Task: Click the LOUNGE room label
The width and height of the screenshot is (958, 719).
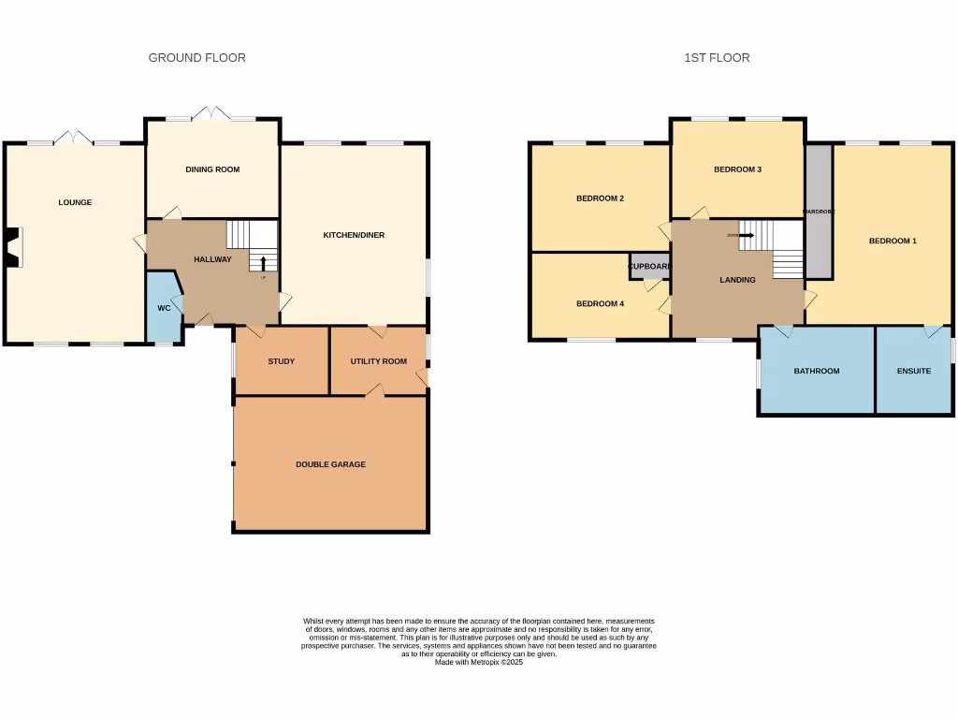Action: pos(75,202)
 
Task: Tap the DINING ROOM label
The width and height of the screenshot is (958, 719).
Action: pos(212,169)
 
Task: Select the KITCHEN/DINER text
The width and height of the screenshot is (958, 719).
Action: pos(354,235)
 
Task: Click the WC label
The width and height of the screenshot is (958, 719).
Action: pos(164,308)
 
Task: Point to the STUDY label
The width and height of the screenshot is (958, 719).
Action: pos(281,361)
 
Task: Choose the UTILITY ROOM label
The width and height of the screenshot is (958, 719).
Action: pos(378,361)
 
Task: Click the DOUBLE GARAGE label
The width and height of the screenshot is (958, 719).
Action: pos(330,464)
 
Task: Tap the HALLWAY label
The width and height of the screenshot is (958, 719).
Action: pos(212,259)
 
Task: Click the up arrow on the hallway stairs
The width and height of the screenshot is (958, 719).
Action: pos(263,261)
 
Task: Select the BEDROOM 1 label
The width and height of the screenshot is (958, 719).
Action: pos(893,242)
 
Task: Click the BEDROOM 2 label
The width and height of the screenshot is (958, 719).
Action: pos(600,198)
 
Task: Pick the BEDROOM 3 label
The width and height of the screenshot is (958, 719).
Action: pos(737,169)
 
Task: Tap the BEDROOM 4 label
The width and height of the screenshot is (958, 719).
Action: pos(600,303)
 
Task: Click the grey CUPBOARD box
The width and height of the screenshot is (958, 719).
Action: pos(649,267)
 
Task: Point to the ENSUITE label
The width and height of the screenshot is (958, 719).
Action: pos(914,371)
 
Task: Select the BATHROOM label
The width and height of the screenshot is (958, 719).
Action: pos(817,371)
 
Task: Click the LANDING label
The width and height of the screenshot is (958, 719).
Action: pos(737,280)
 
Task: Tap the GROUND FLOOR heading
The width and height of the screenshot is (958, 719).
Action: pos(197,58)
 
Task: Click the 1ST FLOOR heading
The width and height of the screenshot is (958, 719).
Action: pos(717,58)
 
